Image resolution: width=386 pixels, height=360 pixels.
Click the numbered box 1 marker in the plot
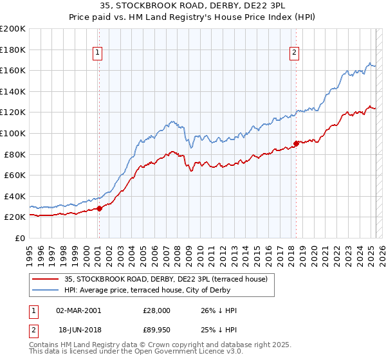click(x=97, y=53)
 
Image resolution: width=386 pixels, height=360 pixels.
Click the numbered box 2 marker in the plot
click(x=294, y=53)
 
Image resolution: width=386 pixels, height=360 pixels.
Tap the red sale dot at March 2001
click(x=100, y=208)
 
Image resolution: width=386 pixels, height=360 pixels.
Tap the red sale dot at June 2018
click(x=296, y=143)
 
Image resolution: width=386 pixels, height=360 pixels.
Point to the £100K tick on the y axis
click(x=14, y=133)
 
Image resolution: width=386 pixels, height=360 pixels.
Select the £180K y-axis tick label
click(x=14, y=50)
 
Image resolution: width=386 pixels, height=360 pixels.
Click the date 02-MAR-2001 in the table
click(x=78, y=310)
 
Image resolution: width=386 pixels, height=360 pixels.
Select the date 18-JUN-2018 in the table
click(x=78, y=332)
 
